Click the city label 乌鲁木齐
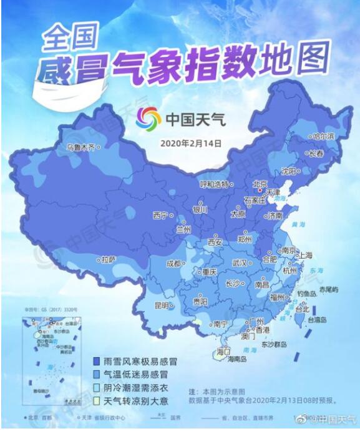82,148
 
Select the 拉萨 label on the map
109,259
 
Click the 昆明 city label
161,305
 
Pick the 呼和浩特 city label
213,184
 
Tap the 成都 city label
174,264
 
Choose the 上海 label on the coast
306,255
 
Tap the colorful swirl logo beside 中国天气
148,117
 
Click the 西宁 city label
160,215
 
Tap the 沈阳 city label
288,170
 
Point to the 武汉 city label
240,263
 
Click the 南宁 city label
220,324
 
